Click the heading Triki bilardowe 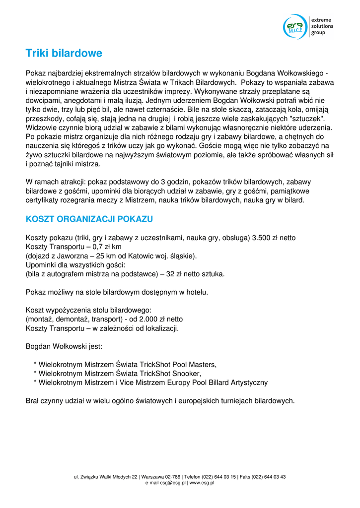click(64, 53)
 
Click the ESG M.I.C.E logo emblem click(295, 26)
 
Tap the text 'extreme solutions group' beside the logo click(322, 26)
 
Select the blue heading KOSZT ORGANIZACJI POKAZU click(89, 219)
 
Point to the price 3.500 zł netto click(274, 238)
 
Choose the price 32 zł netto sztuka click(194, 274)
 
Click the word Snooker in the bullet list click(186, 374)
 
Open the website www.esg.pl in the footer click(202, 483)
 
